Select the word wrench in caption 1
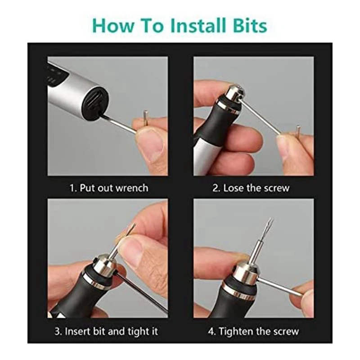[132, 188]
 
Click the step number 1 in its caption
[72, 188]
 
